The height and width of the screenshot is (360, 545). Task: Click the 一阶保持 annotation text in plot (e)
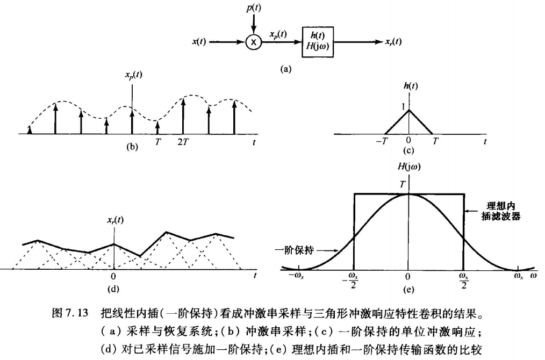(x=299, y=250)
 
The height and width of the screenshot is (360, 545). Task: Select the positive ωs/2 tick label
(x=463, y=280)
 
